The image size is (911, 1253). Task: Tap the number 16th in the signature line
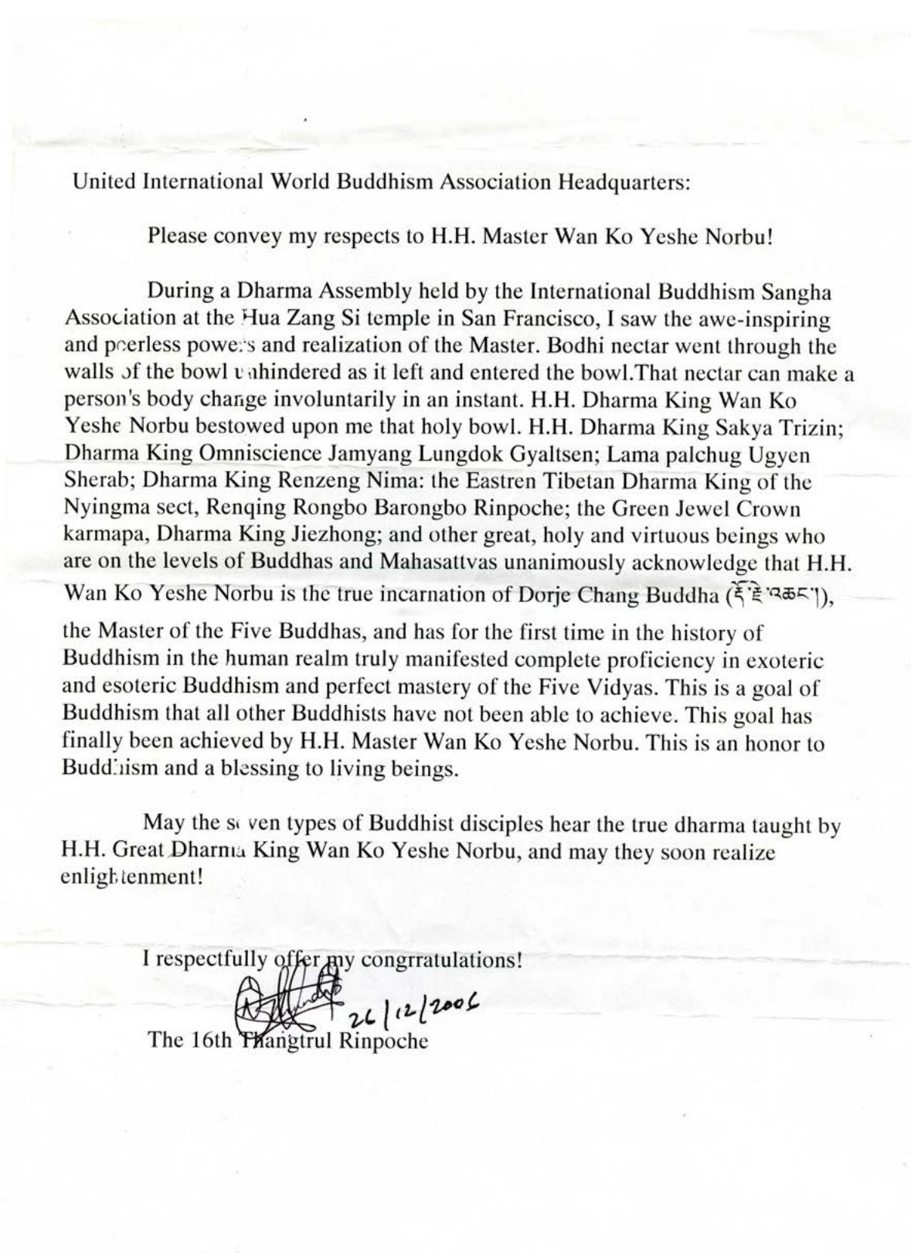pos(209,1040)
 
